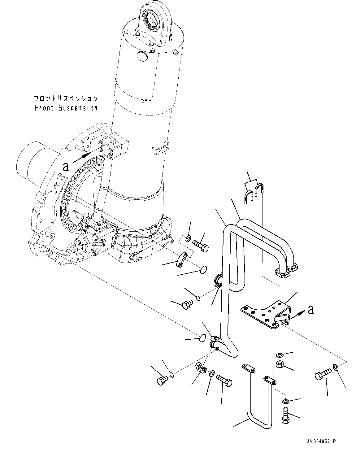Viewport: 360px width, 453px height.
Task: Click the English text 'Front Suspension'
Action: [x=66, y=108]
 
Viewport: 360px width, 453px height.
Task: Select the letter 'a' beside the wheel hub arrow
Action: [x=66, y=167]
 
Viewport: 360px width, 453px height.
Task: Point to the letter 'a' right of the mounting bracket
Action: [x=311, y=309]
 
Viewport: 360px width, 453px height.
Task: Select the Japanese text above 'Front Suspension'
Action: [x=66, y=99]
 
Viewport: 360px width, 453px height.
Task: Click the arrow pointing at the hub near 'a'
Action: [x=82, y=157]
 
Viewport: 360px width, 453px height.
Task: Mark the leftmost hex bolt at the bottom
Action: [x=162, y=380]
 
